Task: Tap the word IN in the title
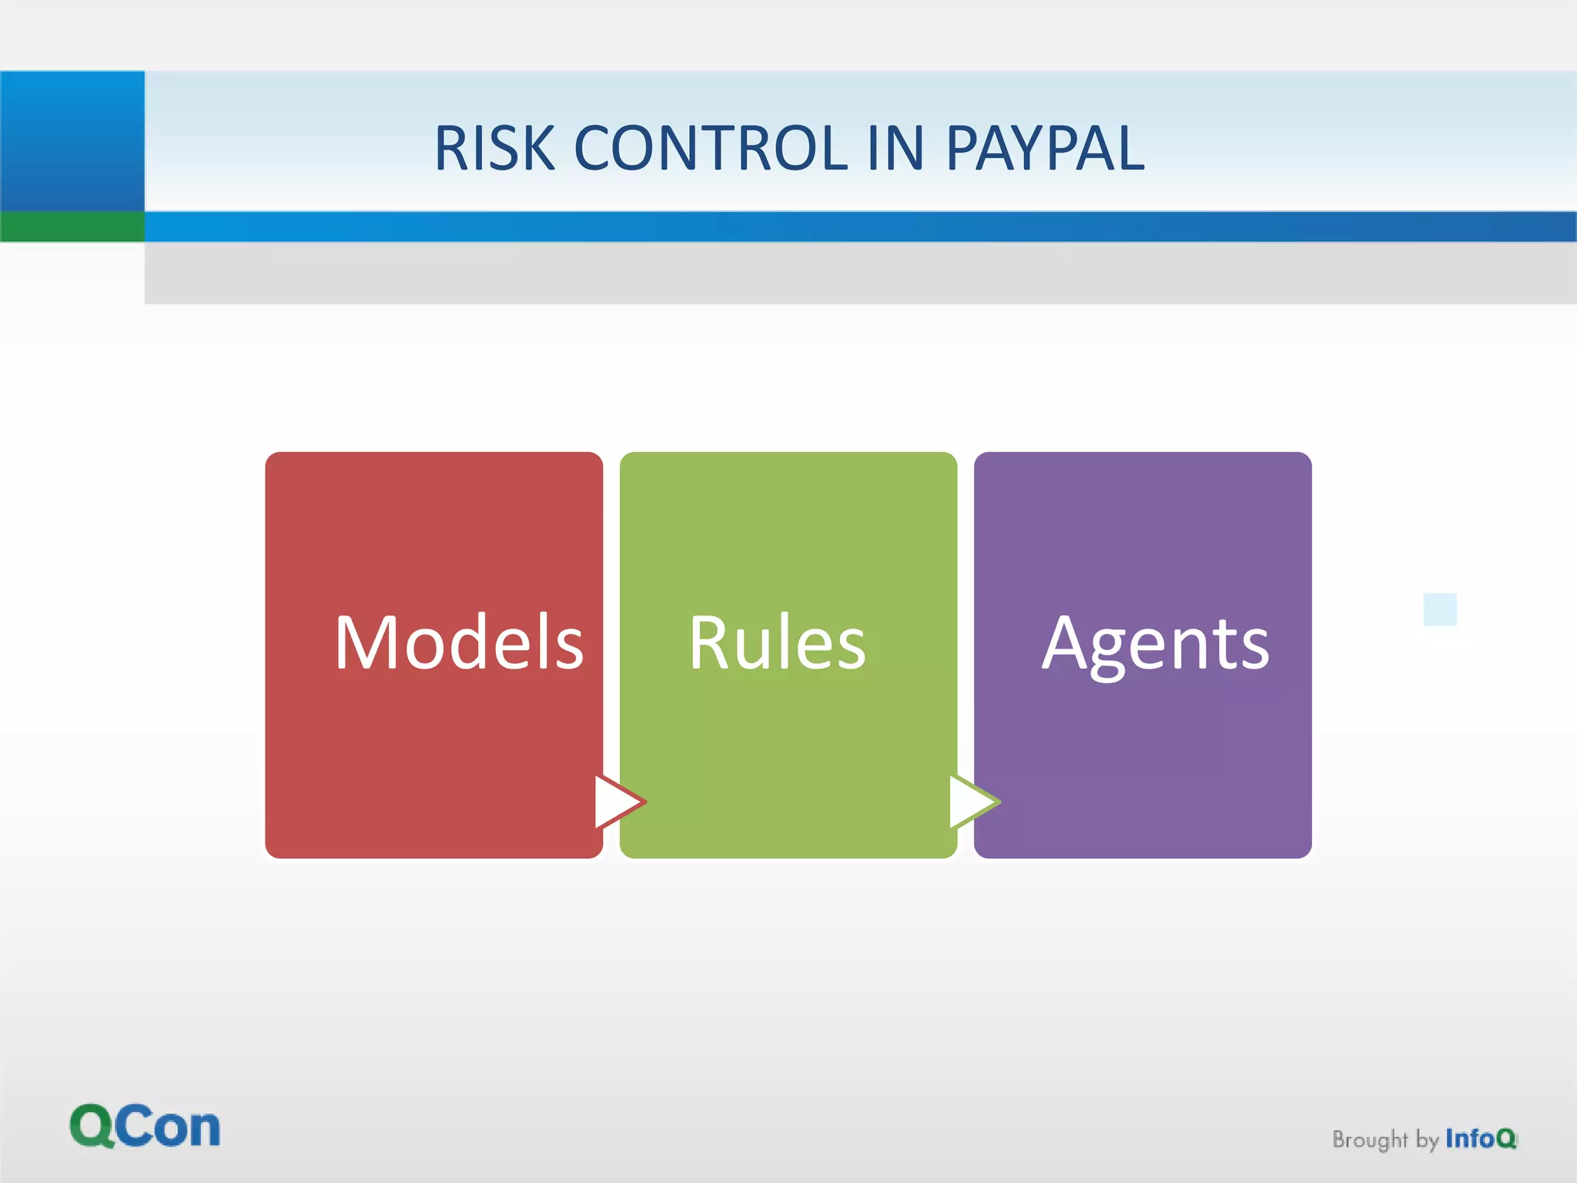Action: pos(895,148)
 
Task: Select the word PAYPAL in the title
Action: pos(1045,148)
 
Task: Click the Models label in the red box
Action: pos(459,643)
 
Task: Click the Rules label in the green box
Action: pos(777,643)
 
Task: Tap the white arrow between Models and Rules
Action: pos(617,802)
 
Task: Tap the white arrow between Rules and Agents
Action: pos(971,802)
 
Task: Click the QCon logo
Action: pos(145,1127)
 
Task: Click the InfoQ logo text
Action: pos(1480,1138)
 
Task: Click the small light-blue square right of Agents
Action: pos(1440,609)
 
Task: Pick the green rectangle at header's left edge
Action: pos(72,226)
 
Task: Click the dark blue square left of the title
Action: pos(72,141)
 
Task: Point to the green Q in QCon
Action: pos(92,1127)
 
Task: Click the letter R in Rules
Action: pos(708,643)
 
